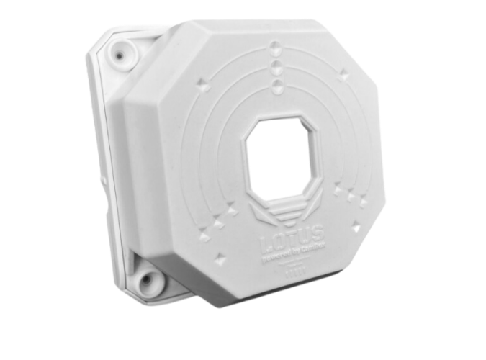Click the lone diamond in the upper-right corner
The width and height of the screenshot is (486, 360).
pos(343,74)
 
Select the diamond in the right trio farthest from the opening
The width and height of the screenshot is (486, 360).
pos(359,199)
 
